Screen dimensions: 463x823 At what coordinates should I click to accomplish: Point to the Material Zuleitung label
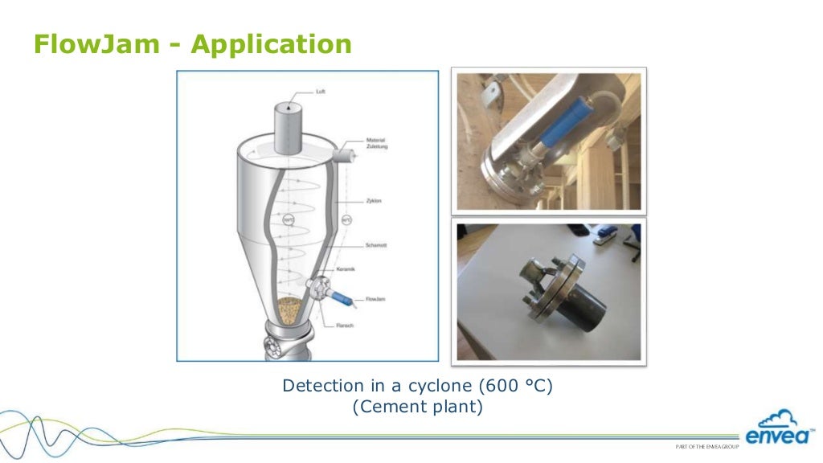point(375,143)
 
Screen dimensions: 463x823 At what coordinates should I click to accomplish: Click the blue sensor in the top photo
point(555,129)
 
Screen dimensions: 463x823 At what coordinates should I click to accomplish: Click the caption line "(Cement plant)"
point(418,407)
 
